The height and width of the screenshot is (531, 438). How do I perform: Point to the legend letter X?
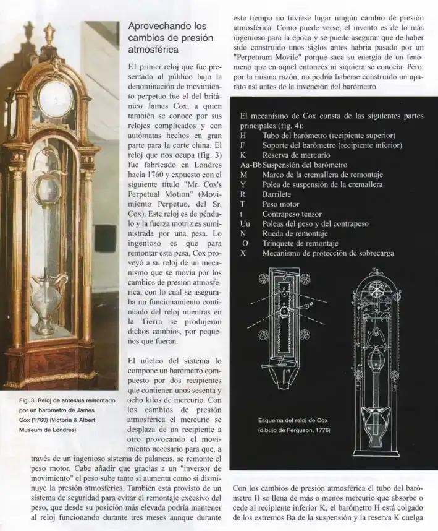click(243, 253)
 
